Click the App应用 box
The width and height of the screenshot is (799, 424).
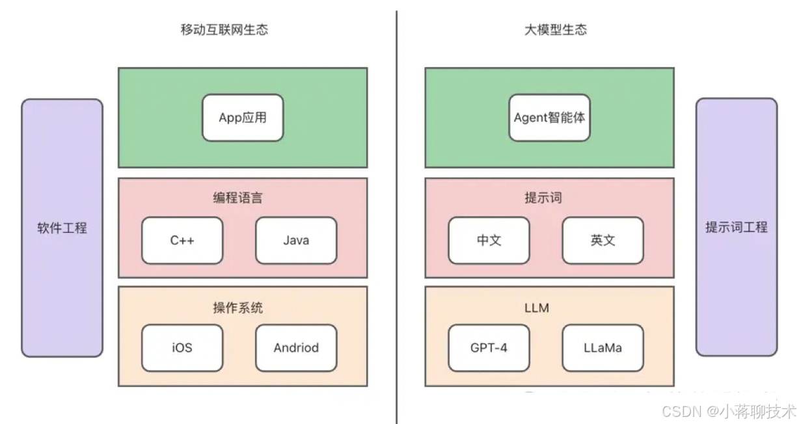243,118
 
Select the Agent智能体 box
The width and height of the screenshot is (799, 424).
550,118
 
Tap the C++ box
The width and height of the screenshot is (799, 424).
182,241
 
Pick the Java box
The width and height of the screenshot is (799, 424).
296,241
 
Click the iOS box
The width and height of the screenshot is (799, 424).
182,348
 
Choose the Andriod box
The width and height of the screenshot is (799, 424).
296,348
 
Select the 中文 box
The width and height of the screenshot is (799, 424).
489,241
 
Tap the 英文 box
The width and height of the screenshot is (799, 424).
603,241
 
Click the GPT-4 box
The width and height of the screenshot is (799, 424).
489,348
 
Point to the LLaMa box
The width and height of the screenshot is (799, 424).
603,348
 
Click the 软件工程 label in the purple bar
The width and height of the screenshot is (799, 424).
62,228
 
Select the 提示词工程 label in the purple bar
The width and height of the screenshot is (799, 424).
737,228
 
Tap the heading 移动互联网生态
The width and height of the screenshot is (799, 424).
224,30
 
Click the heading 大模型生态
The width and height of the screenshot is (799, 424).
556,30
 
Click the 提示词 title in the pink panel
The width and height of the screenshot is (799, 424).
543,198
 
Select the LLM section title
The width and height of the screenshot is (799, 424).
536,308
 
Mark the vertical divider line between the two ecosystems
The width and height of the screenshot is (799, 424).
396,215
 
